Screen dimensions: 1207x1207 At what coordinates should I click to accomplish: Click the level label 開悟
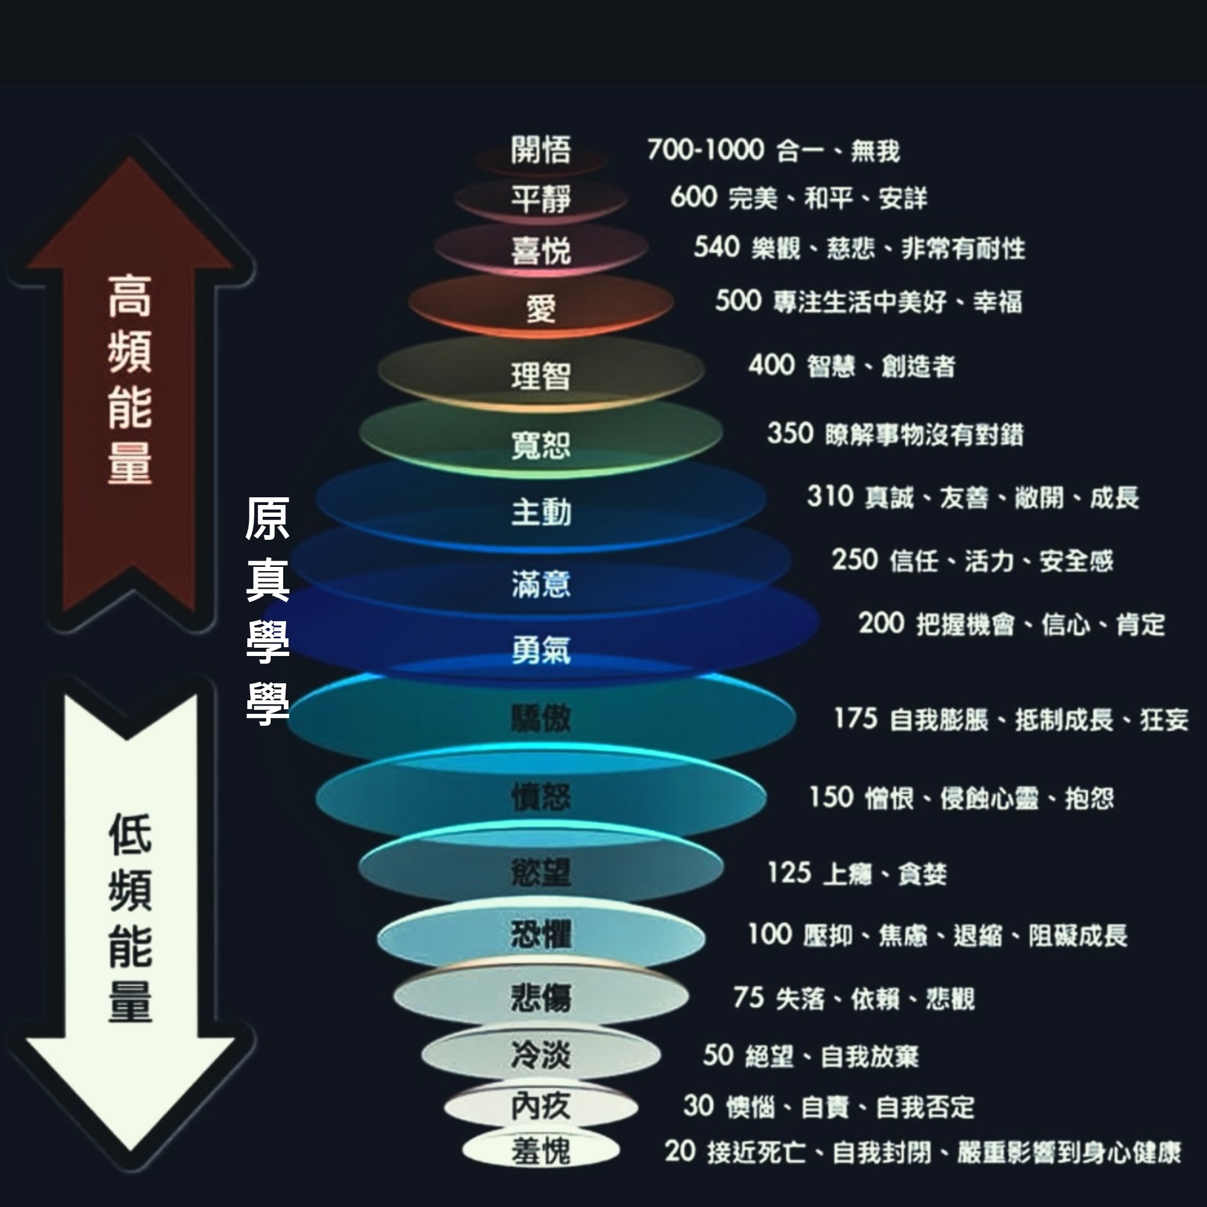[x=540, y=150]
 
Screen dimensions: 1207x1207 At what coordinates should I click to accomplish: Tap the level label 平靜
[x=540, y=199]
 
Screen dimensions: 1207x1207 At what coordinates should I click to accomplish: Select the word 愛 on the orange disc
[x=540, y=309]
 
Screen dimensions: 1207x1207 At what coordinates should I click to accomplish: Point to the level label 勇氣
[x=540, y=650]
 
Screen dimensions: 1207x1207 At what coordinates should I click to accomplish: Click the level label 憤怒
[x=540, y=797]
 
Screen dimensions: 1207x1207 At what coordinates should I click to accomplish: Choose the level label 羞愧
[x=540, y=1152]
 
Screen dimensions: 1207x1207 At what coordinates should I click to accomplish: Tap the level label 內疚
[x=540, y=1107]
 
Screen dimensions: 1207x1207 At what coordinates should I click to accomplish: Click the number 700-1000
[x=706, y=150]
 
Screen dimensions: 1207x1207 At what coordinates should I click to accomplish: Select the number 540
[x=717, y=247]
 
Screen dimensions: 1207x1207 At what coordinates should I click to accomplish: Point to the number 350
[x=790, y=433]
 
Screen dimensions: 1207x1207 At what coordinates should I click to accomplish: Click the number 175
[x=856, y=719]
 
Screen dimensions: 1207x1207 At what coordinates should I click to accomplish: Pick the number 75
[x=749, y=998]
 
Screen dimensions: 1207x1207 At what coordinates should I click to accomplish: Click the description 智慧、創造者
[x=881, y=367]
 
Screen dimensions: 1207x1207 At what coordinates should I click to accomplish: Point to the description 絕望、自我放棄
[x=832, y=1057]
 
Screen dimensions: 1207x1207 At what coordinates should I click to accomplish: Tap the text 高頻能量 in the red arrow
[x=129, y=379]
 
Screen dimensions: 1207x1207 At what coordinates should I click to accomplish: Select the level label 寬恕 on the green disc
[x=540, y=445]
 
